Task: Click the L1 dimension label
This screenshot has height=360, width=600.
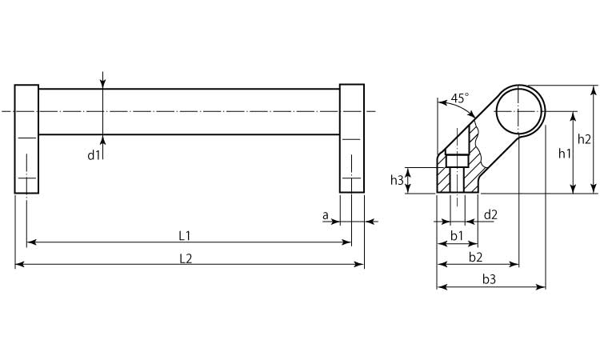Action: [185, 236]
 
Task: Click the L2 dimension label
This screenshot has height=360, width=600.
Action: [186, 258]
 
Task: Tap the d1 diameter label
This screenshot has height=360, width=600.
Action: [94, 155]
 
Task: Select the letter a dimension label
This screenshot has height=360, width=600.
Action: [326, 216]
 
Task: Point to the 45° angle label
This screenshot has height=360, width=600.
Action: [459, 98]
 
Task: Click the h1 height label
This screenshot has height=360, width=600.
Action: [565, 154]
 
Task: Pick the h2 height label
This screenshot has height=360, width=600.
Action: [584, 139]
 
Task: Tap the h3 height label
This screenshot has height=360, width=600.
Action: [397, 180]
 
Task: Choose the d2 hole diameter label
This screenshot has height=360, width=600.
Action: [490, 215]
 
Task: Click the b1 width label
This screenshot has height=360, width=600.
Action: [457, 236]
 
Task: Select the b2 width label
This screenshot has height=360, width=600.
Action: [476, 258]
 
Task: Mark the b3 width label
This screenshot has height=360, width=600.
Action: [489, 279]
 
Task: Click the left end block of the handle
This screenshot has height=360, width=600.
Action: [26, 139]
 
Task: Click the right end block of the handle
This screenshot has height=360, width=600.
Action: [352, 138]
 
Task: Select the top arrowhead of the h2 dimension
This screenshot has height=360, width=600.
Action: [594, 90]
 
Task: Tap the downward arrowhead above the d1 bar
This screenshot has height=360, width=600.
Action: [103, 84]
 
